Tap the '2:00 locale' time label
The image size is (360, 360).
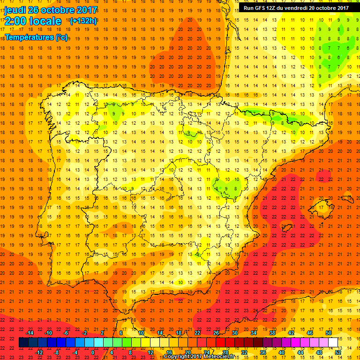33,21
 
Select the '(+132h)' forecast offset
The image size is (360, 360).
84,21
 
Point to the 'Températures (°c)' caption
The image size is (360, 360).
37,37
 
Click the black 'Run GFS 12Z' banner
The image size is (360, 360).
296,8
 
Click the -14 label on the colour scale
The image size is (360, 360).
30,333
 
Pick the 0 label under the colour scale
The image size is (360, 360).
93,352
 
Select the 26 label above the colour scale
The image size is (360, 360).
216,333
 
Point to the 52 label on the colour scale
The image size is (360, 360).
338,352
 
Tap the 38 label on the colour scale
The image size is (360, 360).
272,333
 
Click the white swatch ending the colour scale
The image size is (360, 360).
333,343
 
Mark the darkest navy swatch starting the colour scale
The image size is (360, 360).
23,343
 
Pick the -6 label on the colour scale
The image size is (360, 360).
66,333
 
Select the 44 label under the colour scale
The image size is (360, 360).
300,352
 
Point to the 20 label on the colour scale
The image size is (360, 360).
187,352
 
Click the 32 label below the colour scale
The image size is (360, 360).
244,352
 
